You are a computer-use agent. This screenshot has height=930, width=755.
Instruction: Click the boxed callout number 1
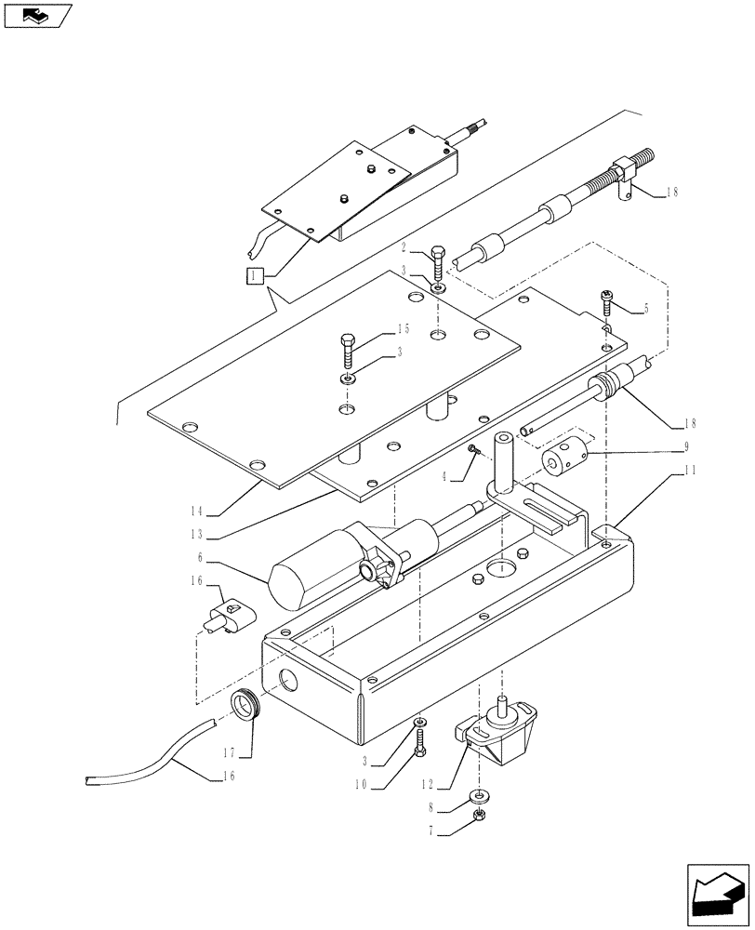(255, 274)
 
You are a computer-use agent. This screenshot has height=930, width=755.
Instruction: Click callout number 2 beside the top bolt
(405, 247)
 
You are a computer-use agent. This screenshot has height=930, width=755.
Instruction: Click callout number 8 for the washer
(433, 809)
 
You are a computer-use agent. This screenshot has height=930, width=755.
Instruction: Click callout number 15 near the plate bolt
(402, 329)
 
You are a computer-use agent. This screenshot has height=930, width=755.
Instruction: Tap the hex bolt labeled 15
(346, 351)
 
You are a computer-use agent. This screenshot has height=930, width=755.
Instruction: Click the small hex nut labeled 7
(480, 815)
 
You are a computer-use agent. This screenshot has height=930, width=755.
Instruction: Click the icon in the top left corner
(37, 15)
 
